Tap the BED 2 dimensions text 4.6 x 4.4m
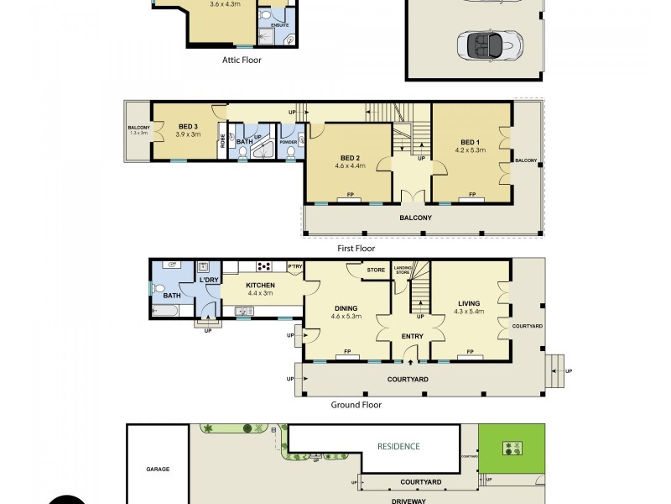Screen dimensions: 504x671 coord(351,167)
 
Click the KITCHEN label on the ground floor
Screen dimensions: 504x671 coord(260,286)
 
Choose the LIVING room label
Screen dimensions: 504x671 coord(469,303)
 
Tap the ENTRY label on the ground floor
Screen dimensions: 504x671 coord(412,336)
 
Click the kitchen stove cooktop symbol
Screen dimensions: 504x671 coord(263,267)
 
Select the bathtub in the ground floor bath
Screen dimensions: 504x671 coord(165,311)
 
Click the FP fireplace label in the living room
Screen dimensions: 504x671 coord(471,352)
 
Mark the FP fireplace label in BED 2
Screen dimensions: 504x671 coord(349,197)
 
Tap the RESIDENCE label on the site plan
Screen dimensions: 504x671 coord(398,446)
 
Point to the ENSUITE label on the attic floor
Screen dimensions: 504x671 coord(279,25)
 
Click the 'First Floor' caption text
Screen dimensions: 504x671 coord(355,249)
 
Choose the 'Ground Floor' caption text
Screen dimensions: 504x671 coord(356,405)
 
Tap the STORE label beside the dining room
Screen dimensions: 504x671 coord(376,270)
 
